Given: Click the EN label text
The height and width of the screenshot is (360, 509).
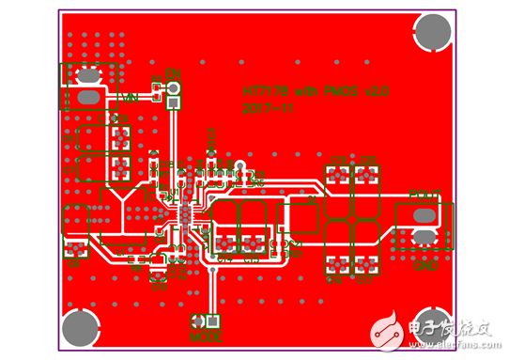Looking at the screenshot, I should pos(172,73).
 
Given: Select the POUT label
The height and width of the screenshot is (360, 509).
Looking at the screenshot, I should pos(424,195).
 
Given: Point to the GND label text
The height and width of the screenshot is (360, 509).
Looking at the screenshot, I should pos(425,265).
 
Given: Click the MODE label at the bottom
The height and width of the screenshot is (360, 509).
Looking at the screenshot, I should pos(207,336).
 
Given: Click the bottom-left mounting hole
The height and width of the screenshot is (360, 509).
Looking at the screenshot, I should pos(80,329).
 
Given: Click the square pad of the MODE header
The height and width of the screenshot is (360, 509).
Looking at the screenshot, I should pos(198,321).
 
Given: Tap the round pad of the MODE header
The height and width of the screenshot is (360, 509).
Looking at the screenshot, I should pos(214,321).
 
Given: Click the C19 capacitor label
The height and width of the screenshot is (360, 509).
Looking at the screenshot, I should pos(336,159).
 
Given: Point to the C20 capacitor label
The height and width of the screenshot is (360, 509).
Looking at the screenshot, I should pos(367,159).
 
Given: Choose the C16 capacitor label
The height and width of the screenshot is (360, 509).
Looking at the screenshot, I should pos(335,280).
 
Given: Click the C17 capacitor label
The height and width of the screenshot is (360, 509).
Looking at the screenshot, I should pos(366,280).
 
